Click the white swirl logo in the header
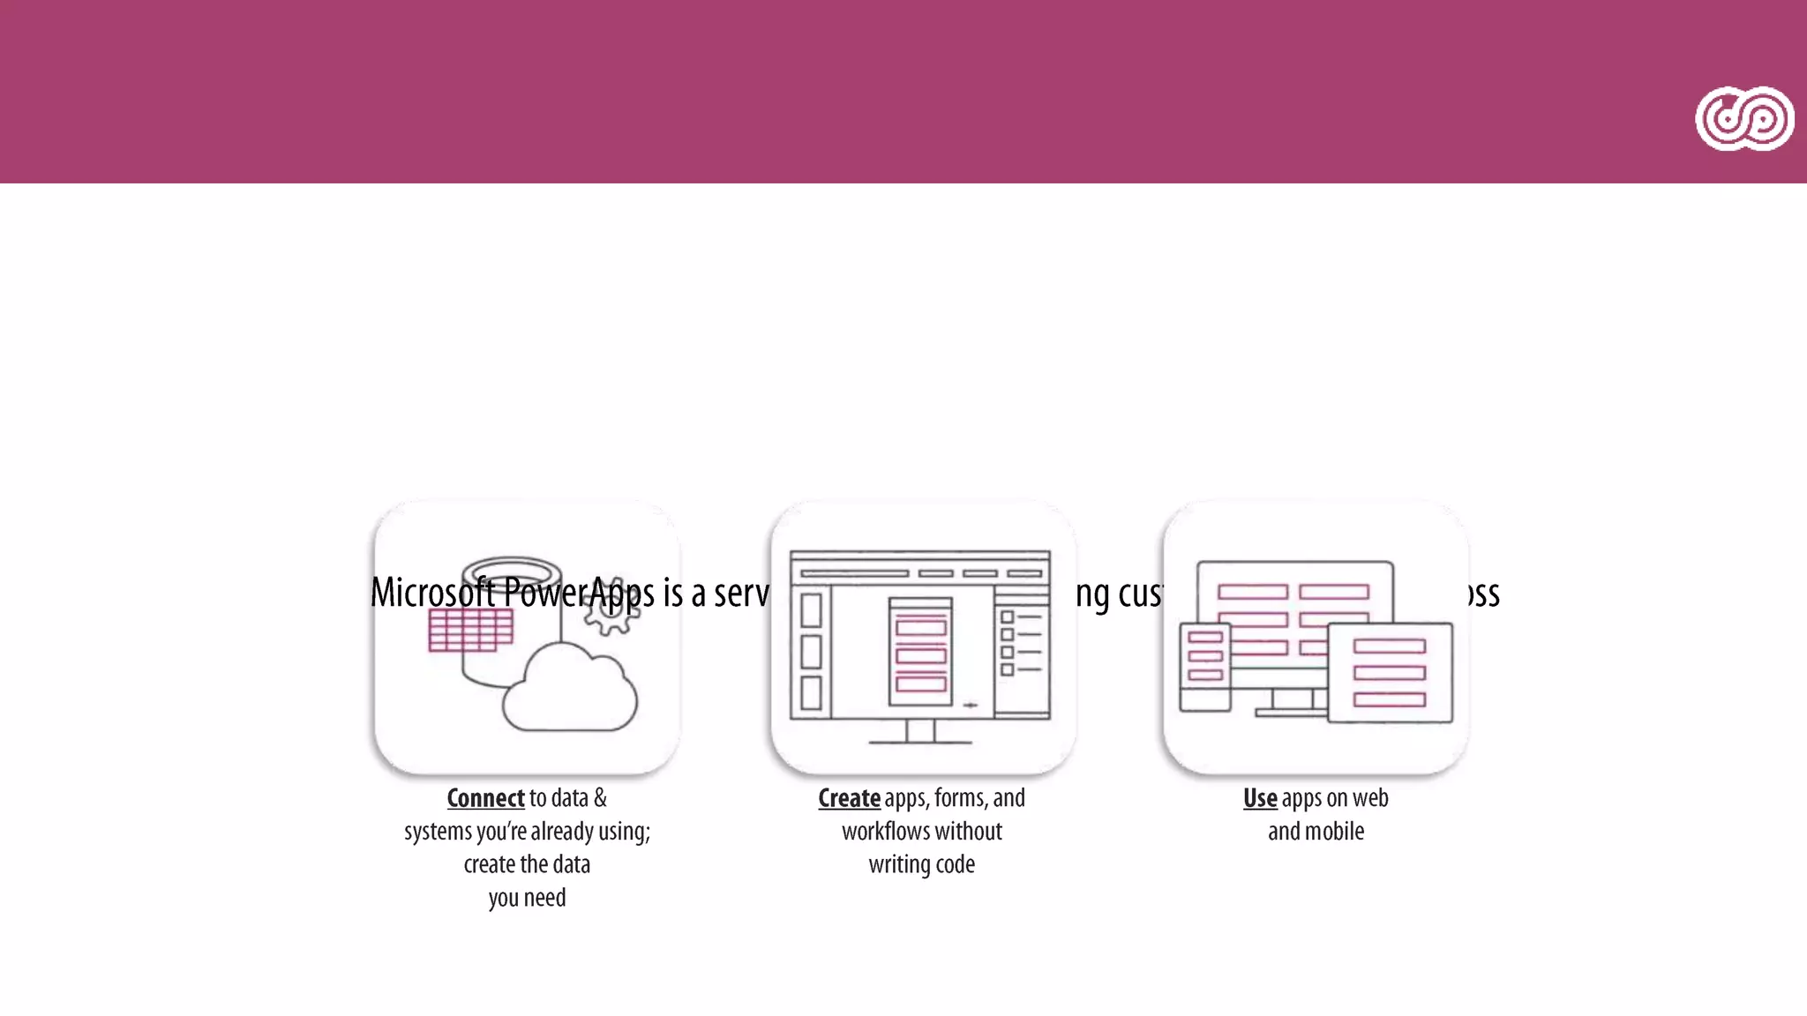[x=1743, y=119]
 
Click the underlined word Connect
[x=485, y=798]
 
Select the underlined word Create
[x=849, y=798]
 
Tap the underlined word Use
[x=1260, y=798]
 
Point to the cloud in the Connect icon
[x=570, y=691]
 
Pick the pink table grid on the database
[x=470, y=631]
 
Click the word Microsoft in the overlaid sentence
[x=432, y=593]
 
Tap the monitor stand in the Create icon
[x=920, y=732]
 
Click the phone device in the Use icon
[x=1205, y=667]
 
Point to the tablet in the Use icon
[x=1390, y=673]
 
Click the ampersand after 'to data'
[x=600, y=798]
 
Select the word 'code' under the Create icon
[x=955, y=864]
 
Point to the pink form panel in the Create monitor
[x=920, y=653]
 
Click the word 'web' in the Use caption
[x=1370, y=798]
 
